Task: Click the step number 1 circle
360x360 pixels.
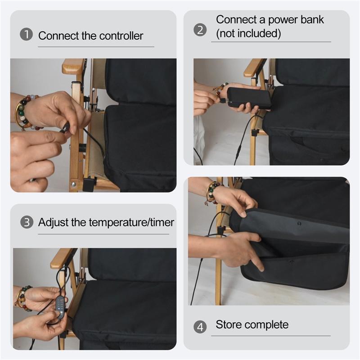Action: click(x=26, y=35)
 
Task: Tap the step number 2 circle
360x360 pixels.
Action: click(x=200, y=30)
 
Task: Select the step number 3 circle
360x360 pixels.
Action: click(x=27, y=222)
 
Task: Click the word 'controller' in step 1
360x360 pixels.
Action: click(x=122, y=36)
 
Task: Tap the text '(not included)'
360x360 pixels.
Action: click(x=248, y=34)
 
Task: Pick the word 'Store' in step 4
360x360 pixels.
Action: click(x=229, y=324)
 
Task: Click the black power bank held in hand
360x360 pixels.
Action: click(x=249, y=98)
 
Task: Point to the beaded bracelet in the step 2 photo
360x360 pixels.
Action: click(x=220, y=88)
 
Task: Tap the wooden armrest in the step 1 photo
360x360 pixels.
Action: click(x=73, y=66)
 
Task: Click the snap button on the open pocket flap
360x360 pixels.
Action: click(x=298, y=223)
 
